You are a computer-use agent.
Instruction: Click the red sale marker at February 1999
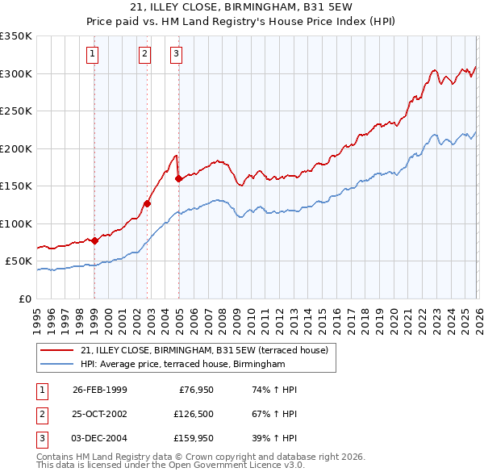click(x=95, y=240)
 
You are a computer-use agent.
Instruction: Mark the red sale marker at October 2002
click(x=148, y=204)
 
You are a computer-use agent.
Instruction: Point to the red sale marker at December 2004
click(x=177, y=178)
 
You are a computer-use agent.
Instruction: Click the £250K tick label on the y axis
click(x=17, y=111)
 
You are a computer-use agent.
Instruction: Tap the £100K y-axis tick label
click(x=17, y=223)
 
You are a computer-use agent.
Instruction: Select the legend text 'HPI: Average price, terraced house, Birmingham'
click(x=183, y=365)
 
